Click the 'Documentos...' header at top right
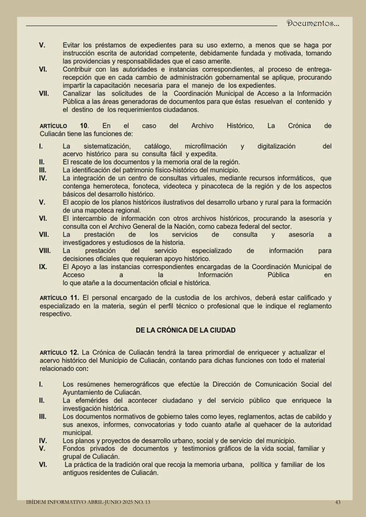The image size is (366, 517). (313, 24)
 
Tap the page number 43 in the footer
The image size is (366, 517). (338, 502)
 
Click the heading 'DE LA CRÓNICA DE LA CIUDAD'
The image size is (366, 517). (186, 330)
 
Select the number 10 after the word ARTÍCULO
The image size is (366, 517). (84, 126)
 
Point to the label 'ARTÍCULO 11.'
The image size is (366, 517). (59, 298)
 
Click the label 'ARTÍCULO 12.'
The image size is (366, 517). (59, 353)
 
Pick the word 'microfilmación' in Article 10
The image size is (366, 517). (206, 146)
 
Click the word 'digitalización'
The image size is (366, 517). (276, 146)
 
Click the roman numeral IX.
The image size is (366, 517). (43, 267)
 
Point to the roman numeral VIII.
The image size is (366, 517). (45, 251)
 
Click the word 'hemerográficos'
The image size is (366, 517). (136, 384)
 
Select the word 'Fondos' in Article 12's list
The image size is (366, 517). (74, 449)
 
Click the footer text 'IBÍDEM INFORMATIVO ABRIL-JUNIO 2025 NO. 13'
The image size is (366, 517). (88, 502)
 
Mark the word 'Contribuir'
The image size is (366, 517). (77, 70)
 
